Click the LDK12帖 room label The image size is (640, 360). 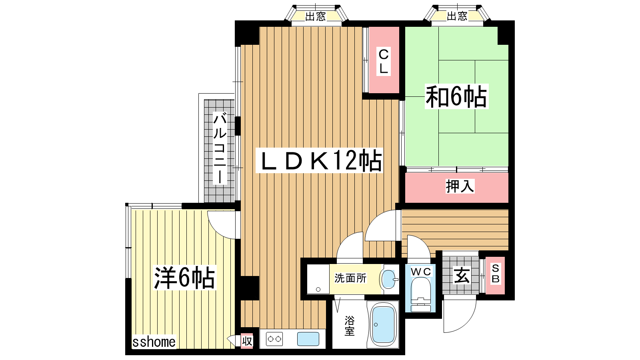click(x=319, y=160)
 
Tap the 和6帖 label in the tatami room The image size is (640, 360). click(x=456, y=96)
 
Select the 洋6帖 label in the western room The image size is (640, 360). click(x=184, y=278)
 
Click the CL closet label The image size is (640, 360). click(x=384, y=62)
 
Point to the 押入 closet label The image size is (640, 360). click(x=460, y=186)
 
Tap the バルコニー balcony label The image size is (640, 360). click(x=220, y=148)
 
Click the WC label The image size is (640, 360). click(x=421, y=272)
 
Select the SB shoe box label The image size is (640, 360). click(x=496, y=274)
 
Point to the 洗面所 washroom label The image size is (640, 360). click(x=350, y=278)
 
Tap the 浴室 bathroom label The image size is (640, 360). click(x=350, y=326)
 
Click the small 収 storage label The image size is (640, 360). click(x=247, y=341)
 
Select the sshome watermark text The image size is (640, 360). click(x=154, y=342)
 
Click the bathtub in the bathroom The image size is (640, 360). click(x=383, y=325)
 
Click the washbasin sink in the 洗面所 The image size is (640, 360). click(x=389, y=279)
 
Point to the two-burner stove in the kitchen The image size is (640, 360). click(x=274, y=339)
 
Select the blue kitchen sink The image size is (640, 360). click(x=308, y=339)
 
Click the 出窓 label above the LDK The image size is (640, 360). click(x=316, y=16)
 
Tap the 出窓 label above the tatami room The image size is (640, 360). click(x=457, y=16)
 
